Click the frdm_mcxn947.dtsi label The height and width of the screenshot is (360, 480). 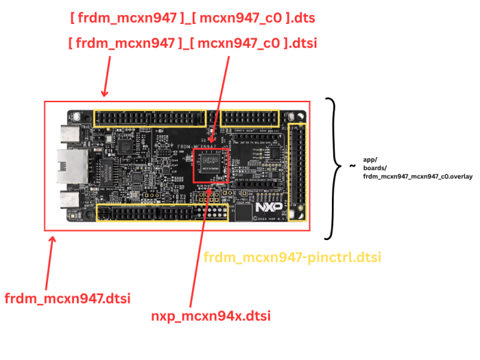pos(67,298)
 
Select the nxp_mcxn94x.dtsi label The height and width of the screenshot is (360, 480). pos(211,316)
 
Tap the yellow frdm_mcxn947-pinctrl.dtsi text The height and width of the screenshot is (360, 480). pos(291,257)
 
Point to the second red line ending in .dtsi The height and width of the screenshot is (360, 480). pos(197,43)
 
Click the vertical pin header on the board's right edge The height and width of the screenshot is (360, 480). pos(298,171)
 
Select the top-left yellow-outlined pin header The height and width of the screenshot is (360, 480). pos(150,118)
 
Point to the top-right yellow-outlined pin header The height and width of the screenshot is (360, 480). pos(253,118)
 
